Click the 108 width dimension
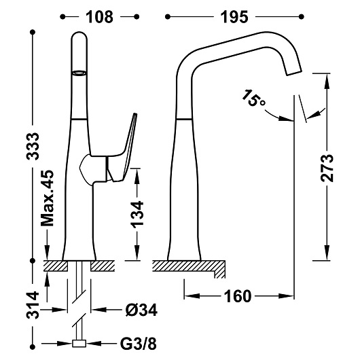click(x=99, y=17)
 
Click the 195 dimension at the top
click(x=234, y=17)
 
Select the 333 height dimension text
click(x=33, y=146)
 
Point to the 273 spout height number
click(x=327, y=168)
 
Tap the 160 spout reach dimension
click(x=238, y=296)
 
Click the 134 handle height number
click(x=137, y=215)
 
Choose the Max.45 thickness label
click(x=48, y=198)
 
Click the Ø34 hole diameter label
click(x=141, y=310)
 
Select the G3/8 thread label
click(x=138, y=344)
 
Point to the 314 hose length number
click(x=33, y=305)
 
